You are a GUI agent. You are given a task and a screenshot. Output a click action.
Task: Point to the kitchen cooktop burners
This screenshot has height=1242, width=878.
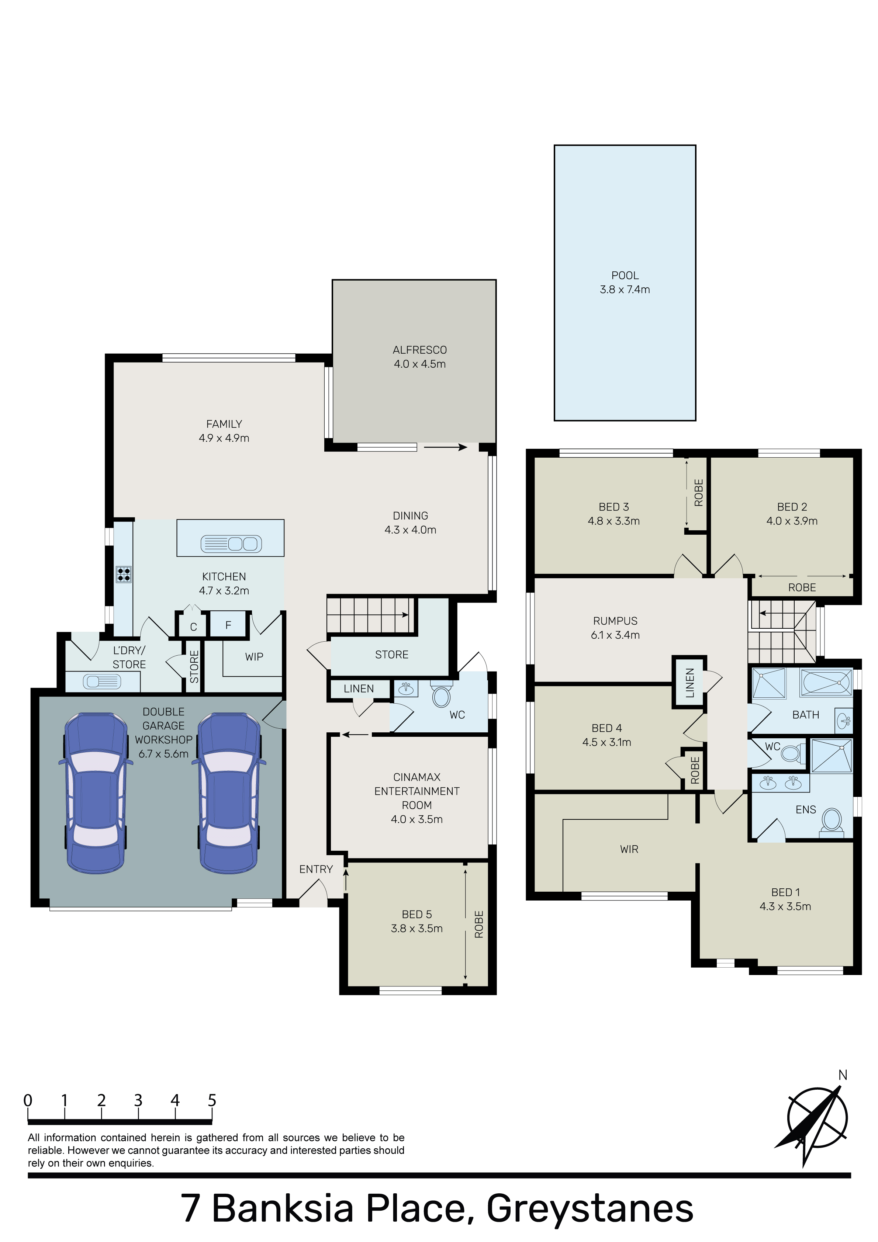124,574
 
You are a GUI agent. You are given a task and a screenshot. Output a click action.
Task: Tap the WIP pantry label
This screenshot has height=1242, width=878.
254,657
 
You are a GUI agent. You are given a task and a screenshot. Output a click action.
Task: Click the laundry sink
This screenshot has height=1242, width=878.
102,681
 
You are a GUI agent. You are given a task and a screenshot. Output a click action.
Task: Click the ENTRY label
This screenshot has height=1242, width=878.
316,869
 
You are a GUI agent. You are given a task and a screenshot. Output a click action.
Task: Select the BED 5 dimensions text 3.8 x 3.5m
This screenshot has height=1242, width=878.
417,928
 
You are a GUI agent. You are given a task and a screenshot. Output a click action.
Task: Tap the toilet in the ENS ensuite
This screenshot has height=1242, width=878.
832,823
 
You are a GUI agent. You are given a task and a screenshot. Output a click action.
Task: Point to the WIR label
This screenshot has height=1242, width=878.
629,849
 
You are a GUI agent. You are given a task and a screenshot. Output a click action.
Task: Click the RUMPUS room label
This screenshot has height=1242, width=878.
615,621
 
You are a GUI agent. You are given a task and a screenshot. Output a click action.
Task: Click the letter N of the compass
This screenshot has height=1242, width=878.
843,1075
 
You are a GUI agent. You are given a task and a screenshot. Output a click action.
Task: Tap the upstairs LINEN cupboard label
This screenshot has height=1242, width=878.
689,683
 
